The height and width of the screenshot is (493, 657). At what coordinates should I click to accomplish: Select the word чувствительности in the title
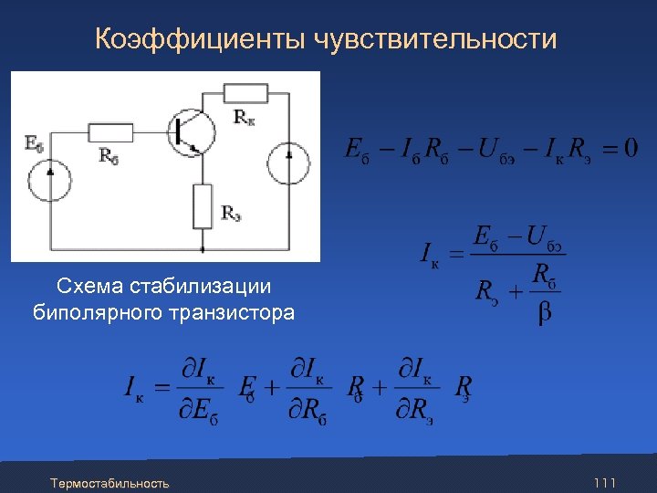[x=435, y=39]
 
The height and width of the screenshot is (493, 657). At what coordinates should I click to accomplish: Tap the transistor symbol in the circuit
[x=193, y=130]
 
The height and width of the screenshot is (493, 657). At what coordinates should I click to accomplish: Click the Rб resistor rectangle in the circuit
[x=111, y=132]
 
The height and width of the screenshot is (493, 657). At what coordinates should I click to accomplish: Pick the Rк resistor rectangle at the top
[x=245, y=93]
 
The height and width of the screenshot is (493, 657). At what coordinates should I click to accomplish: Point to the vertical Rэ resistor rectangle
[x=203, y=205]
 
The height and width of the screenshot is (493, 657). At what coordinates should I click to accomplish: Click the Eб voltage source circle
[x=49, y=178]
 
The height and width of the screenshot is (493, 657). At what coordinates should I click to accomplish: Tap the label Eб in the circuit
[x=34, y=143]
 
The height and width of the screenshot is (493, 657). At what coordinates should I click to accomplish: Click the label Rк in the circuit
[x=245, y=117]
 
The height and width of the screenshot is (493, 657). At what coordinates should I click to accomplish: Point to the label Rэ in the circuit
[x=231, y=215]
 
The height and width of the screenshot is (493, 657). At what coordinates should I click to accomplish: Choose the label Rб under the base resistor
[x=109, y=155]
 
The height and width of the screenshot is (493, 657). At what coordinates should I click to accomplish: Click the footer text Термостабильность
[x=109, y=482]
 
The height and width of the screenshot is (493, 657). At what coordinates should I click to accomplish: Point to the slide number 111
[x=604, y=482]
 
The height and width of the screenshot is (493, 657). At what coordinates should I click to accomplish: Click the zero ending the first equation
[x=631, y=147]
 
